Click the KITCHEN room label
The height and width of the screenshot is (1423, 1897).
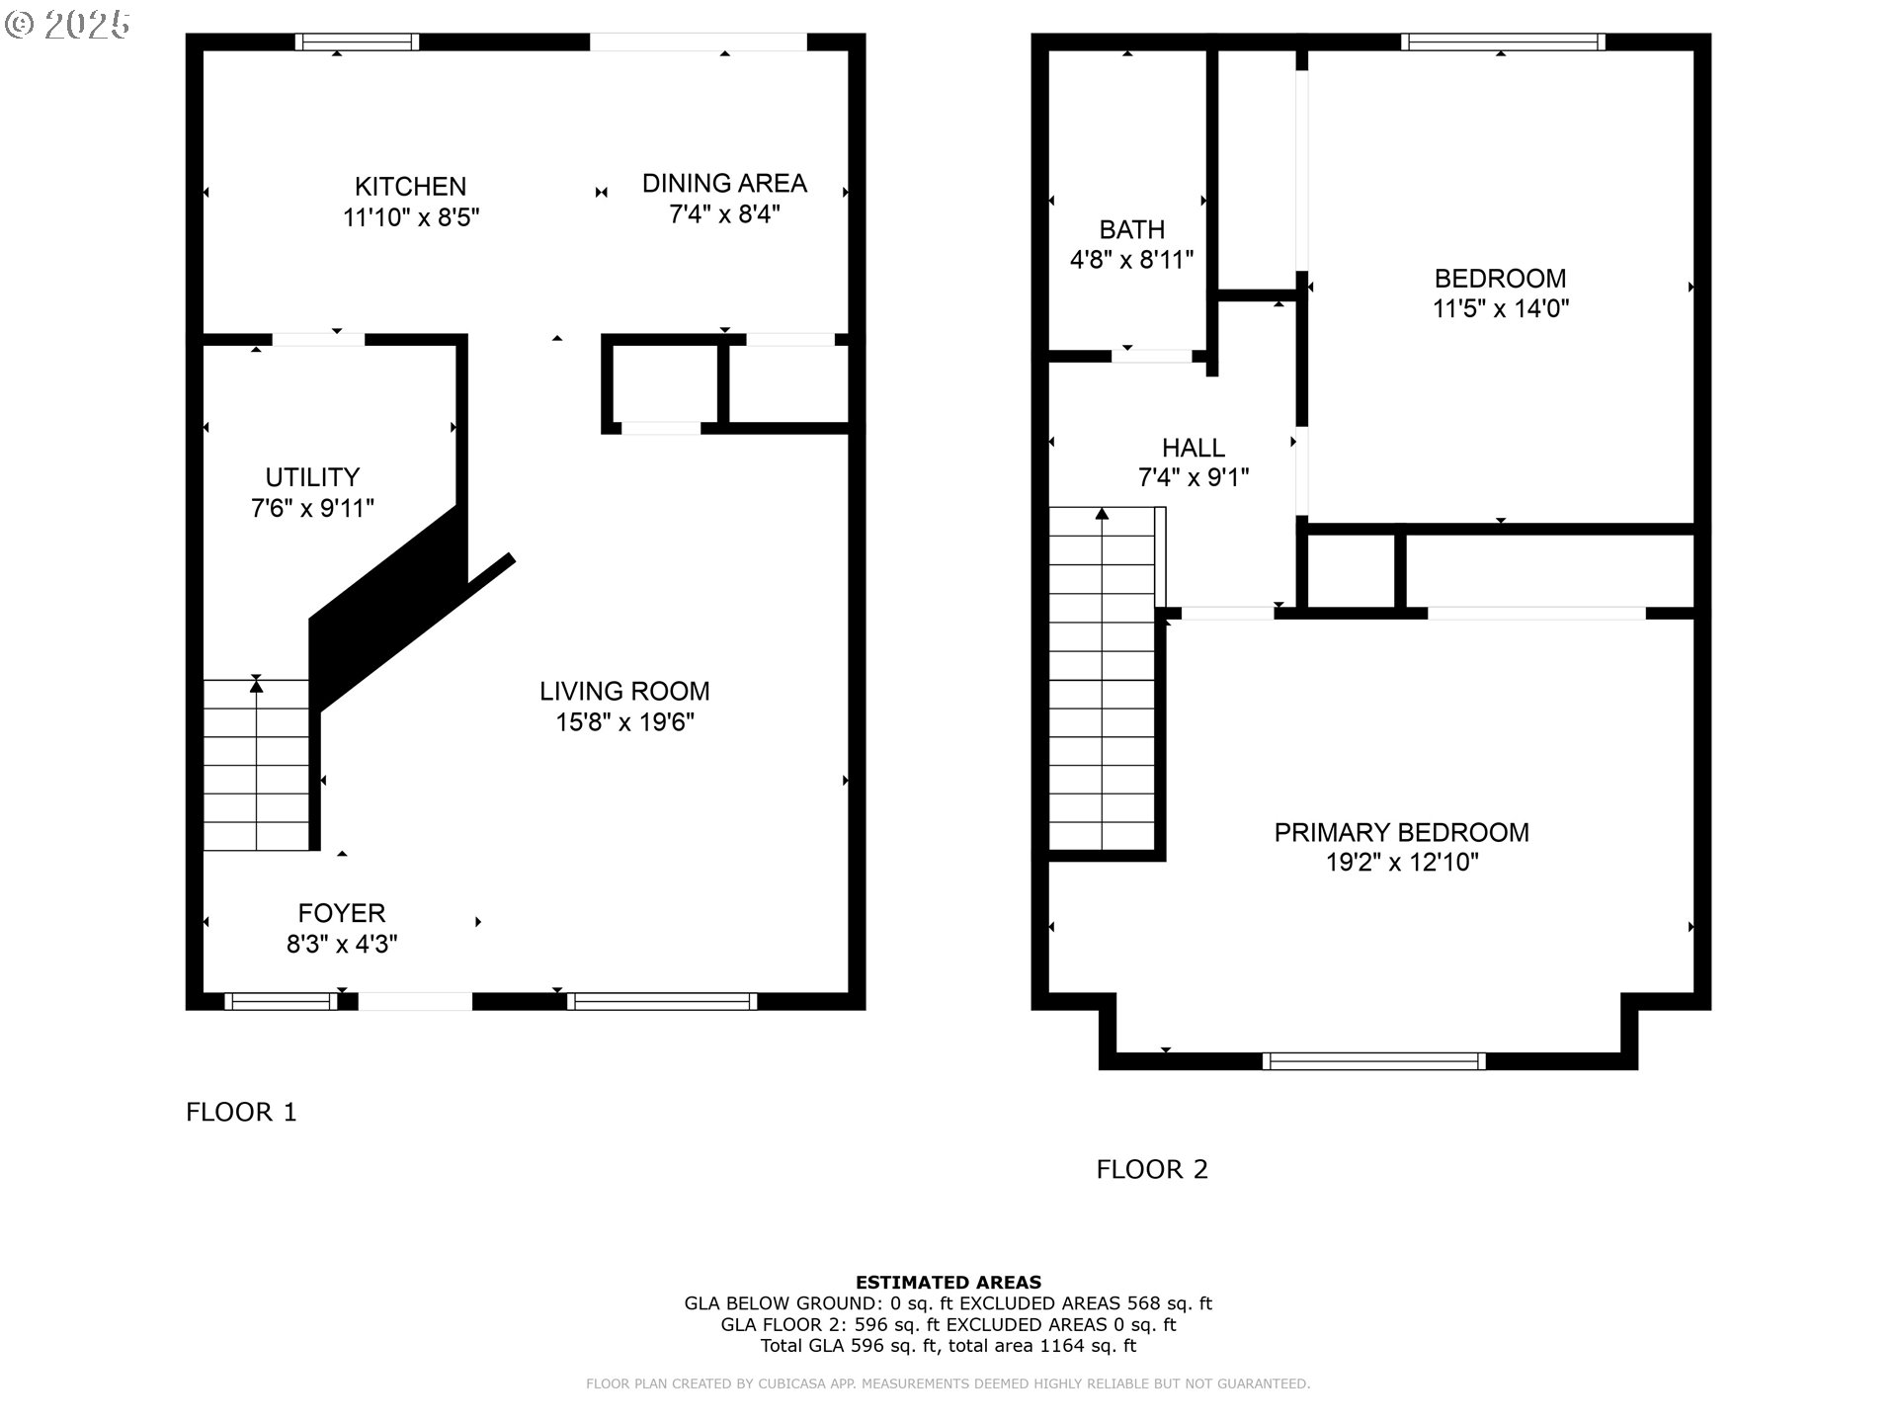410,186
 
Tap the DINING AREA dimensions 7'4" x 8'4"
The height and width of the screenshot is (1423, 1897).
724,213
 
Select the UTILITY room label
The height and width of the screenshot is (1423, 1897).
312,477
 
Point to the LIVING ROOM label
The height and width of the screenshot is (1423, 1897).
624,691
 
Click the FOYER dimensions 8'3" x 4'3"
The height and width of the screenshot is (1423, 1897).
342,945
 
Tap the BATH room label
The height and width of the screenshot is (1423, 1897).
1131,229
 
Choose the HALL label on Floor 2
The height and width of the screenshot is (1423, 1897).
1194,448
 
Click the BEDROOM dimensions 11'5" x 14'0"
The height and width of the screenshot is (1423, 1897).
1500,308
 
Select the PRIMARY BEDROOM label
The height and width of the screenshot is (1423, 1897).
1401,832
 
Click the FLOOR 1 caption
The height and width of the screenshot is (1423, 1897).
241,1112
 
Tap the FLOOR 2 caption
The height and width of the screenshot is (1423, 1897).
1152,1169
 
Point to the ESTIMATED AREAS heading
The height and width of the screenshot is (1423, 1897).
948,1283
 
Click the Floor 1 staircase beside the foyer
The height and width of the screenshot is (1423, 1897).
257,766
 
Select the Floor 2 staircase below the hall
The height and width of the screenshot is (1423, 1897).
1102,682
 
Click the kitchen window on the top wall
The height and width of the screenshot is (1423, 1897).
357,42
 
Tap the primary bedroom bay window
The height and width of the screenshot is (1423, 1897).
1373,1061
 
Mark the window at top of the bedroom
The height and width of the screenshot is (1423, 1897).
1502,42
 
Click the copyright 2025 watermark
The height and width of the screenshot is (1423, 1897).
67,24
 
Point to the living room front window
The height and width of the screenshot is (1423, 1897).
662,1001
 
